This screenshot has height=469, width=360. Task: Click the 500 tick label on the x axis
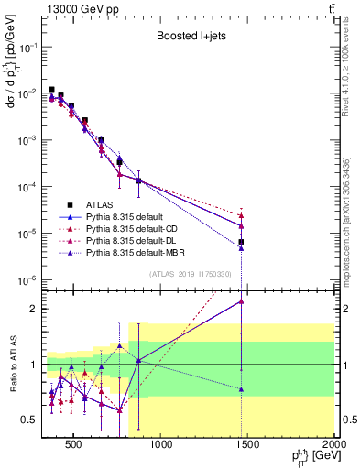coord(73,445)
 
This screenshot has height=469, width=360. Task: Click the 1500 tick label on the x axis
coord(247,445)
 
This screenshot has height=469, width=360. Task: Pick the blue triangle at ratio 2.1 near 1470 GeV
coord(241,301)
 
